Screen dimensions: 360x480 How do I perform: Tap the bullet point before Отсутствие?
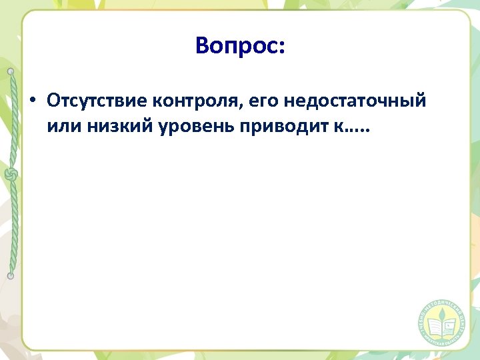click(x=31, y=102)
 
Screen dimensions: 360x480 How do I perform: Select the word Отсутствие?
click(x=97, y=101)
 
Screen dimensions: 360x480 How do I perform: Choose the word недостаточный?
click(x=354, y=102)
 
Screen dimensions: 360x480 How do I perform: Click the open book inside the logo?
click(x=441, y=328)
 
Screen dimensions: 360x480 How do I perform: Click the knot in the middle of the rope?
click(x=11, y=175)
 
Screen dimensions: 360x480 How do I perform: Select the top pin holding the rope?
click(x=11, y=71)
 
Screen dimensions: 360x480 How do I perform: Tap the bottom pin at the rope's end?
click(x=11, y=275)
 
